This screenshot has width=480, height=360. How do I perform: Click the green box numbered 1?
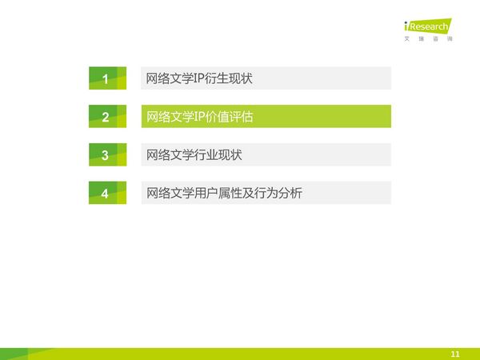tap(107, 78)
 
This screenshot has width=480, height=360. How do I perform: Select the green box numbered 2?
tap(107, 116)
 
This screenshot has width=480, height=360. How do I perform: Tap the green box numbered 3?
tap(107, 154)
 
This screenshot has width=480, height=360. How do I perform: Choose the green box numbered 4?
tap(107, 193)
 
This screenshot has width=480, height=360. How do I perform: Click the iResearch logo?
tap(428, 26)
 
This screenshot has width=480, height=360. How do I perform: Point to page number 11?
tap(455, 354)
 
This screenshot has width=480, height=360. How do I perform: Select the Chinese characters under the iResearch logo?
tap(428, 39)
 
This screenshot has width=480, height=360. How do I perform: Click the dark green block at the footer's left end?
tap(14, 354)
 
